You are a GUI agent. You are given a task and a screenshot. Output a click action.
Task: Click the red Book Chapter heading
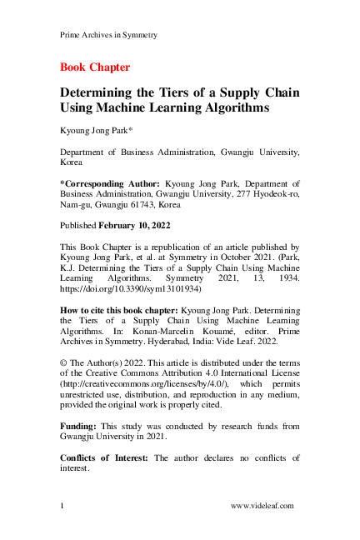click(95, 67)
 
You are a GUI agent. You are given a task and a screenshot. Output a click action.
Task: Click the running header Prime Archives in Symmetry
click(109, 35)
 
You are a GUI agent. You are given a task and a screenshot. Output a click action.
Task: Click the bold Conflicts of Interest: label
click(105, 457)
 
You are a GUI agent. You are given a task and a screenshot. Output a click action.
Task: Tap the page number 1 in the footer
click(62, 506)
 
